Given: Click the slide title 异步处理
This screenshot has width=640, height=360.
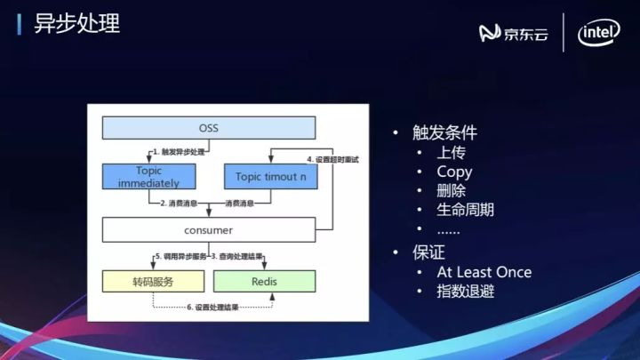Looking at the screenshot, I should click(76, 23).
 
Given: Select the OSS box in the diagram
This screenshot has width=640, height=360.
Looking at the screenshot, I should click(208, 128).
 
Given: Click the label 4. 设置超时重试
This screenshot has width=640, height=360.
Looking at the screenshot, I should click(337, 159).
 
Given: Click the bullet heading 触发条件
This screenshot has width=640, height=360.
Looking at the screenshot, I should click(444, 132).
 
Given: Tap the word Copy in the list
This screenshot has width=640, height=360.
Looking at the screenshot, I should click(454, 172).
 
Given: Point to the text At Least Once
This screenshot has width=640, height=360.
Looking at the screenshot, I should click(484, 272).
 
